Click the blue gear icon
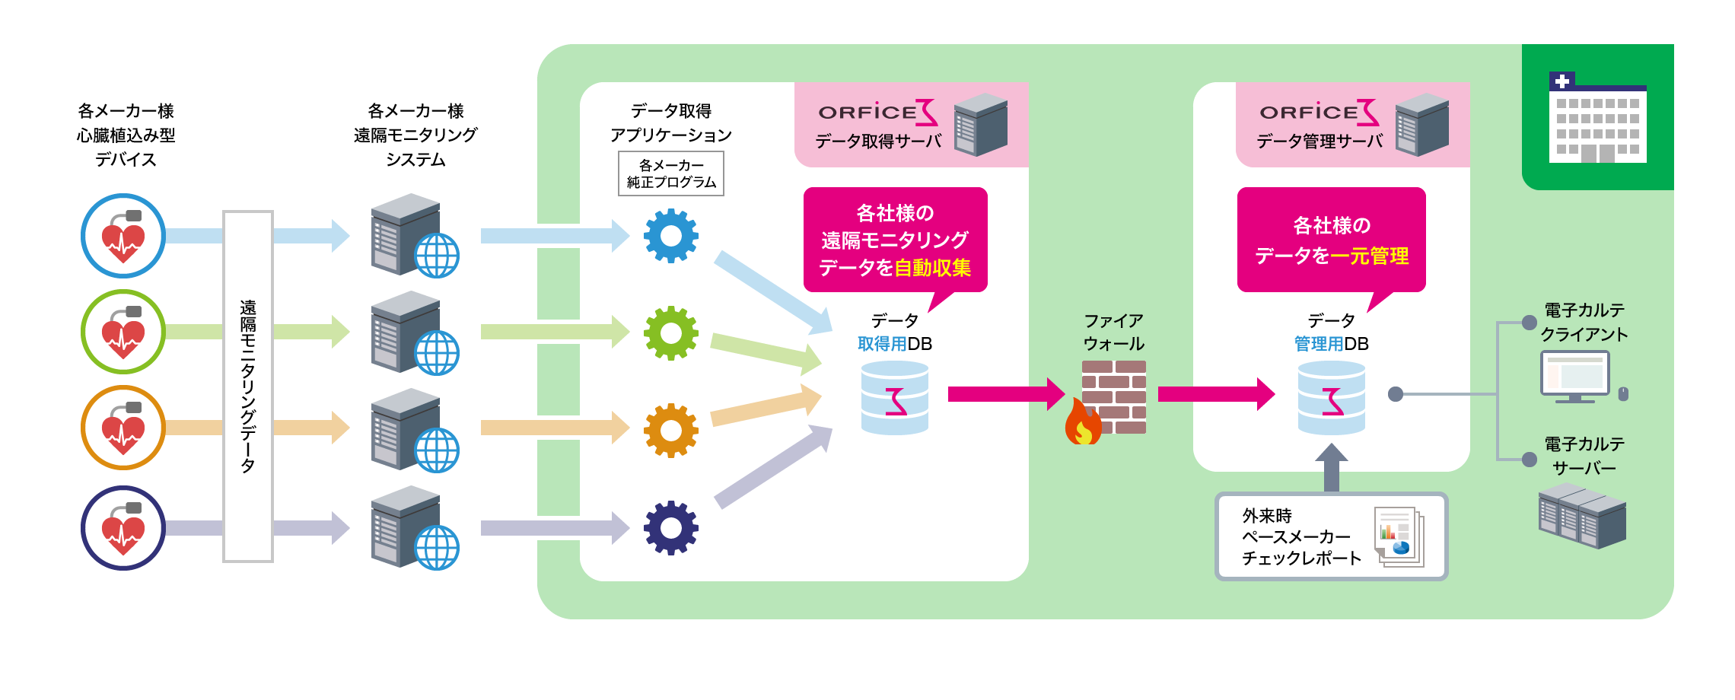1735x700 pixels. click(x=670, y=236)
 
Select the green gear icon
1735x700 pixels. click(x=670, y=333)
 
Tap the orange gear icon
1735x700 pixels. click(x=670, y=431)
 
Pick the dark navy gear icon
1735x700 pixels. click(x=670, y=527)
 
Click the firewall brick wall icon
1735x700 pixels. click(x=1113, y=397)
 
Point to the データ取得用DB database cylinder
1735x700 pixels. click(x=895, y=398)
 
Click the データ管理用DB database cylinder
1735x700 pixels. click(x=1331, y=398)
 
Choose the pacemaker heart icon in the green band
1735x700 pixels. click(x=123, y=332)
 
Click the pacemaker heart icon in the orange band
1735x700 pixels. click(x=123, y=428)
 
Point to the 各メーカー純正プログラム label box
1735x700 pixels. click(x=670, y=174)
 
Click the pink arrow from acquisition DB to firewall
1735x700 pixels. click(x=1004, y=394)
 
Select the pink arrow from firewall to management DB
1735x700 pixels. click(x=1215, y=394)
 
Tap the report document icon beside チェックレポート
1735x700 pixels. click(x=1399, y=536)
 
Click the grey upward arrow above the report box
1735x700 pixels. click(x=1331, y=467)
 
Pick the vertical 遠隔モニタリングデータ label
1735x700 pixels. click(x=247, y=387)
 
